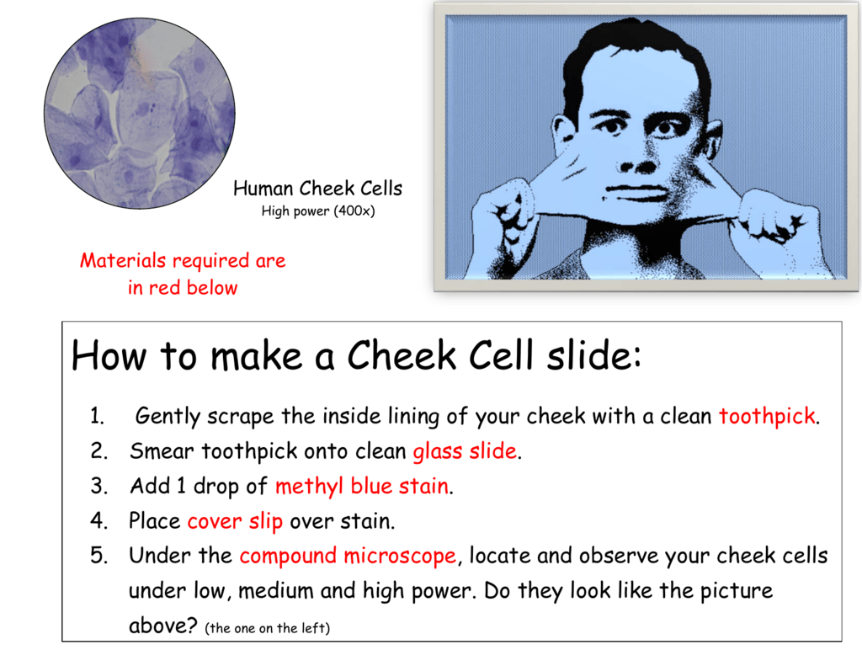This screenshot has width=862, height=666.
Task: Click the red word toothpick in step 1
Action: (767, 416)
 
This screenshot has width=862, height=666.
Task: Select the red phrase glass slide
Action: (465, 451)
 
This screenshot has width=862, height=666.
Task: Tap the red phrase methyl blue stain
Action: (362, 487)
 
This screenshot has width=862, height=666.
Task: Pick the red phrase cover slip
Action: (235, 521)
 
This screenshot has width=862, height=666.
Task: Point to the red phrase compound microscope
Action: (348, 556)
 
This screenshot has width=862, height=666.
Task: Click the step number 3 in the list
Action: (98, 487)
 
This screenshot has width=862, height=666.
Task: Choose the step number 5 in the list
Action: (98, 556)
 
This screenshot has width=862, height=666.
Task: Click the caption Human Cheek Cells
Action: (317, 189)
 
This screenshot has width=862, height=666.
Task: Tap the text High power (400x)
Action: (317, 211)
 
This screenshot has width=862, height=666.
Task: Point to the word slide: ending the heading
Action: (594, 355)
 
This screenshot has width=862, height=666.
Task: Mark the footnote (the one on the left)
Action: (267, 628)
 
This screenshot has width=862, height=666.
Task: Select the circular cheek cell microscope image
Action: (140, 113)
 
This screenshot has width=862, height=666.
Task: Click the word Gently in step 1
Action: (168, 417)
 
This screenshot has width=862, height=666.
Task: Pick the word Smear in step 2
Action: (162, 451)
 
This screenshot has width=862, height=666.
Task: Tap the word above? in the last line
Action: (162, 626)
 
